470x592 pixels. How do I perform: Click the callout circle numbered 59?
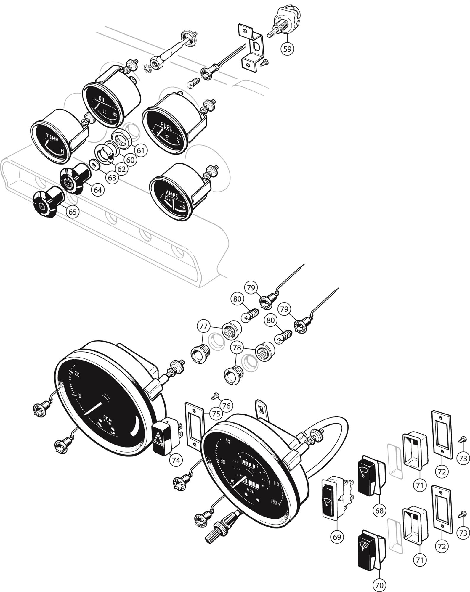(x=288, y=49)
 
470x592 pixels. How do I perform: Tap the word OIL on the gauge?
(x=102, y=100)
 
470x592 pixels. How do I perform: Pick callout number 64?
(x=98, y=190)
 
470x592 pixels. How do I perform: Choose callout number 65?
(x=73, y=212)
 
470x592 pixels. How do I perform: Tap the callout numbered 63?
(x=112, y=178)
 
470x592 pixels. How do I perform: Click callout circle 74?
(x=176, y=460)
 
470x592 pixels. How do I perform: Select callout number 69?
(x=337, y=537)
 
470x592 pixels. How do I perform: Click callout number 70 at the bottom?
(x=379, y=585)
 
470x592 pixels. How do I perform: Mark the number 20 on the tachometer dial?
(x=77, y=374)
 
